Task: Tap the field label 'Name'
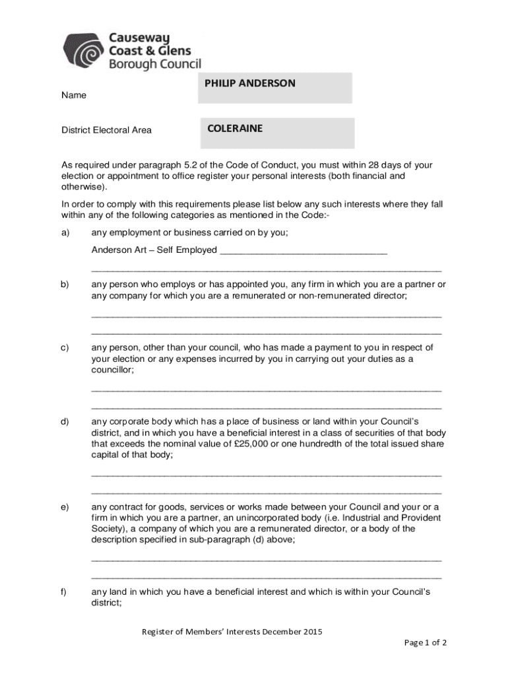point(74,95)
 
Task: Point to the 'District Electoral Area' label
point(106,130)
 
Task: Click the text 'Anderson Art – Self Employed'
point(154,250)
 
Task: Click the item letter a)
point(66,232)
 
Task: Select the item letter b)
point(66,285)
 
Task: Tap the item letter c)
point(66,347)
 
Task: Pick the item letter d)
point(66,421)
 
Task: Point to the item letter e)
point(66,506)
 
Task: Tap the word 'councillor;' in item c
point(112,370)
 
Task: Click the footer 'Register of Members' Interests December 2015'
point(232,632)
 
